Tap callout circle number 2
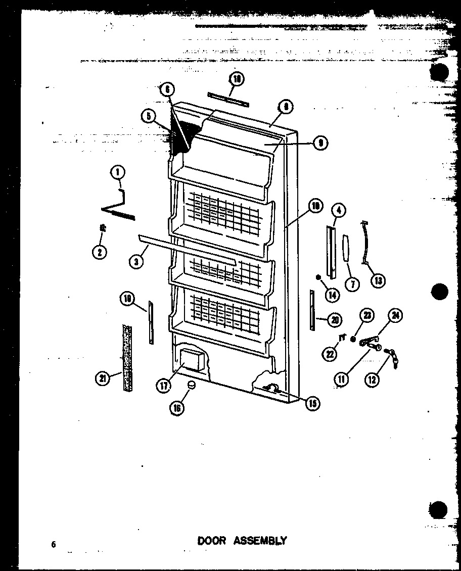click(x=100, y=252)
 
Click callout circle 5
click(x=148, y=116)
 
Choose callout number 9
click(x=320, y=144)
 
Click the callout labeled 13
click(x=378, y=280)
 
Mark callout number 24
click(x=395, y=316)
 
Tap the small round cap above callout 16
click(x=191, y=386)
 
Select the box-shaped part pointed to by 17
click(x=192, y=359)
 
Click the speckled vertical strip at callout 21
click(x=126, y=359)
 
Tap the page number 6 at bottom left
click(x=53, y=544)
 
